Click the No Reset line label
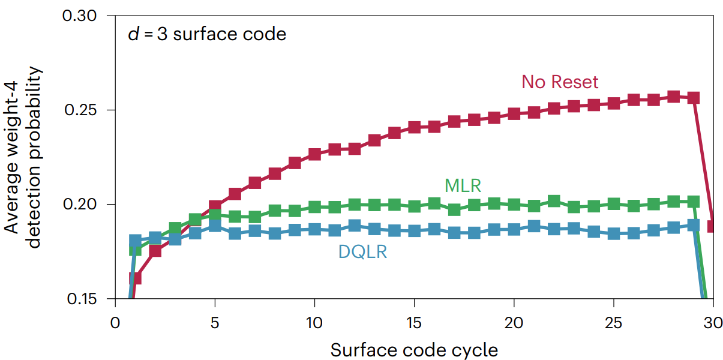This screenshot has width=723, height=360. point(560,82)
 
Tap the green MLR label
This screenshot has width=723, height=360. point(463,185)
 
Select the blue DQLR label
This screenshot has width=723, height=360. point(362,252)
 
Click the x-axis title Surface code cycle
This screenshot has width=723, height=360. point(414,350)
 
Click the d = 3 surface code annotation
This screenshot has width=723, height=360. point(207,34)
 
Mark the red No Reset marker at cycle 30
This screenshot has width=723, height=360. point(713,226)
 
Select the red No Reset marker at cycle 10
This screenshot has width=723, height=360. point(314,154)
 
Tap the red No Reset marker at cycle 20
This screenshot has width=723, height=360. point(514,114)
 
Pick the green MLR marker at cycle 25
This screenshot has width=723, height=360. point(613,204)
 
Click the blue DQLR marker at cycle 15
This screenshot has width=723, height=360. point(414,230)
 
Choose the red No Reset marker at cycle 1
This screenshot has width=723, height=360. point(135,278)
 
